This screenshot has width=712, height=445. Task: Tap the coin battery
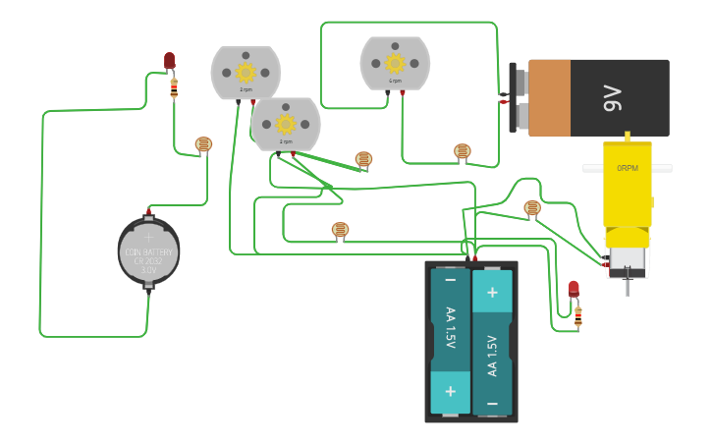(x=148, y=251)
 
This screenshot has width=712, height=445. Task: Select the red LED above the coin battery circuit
(x=169, y=61)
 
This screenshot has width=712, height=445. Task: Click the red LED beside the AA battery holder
(x=574, y=289)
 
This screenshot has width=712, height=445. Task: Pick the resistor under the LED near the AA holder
(x=577, y=316)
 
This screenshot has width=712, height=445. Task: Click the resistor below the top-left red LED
(x=174, y=89)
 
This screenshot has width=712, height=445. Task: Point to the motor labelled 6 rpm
(x=395, y=63)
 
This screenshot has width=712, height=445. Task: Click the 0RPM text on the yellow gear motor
(x=628, y=168)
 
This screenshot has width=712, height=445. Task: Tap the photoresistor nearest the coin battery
(x=203, y=145)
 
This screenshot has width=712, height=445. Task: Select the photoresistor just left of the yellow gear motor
(x=532, y=207)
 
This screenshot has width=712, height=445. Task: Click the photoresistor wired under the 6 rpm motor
(x=463, y=151)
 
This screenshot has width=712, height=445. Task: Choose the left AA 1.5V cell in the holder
(x=450, y=339)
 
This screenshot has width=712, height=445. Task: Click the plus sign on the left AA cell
(x=450, y=391)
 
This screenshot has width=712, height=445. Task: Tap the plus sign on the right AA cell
(x=492, y=292)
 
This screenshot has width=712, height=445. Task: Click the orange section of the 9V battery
(x=550, y=98)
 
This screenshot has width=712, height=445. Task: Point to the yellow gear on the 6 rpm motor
(x=395, y=63)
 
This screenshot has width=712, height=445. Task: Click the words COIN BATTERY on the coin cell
(x=148, y=251)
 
